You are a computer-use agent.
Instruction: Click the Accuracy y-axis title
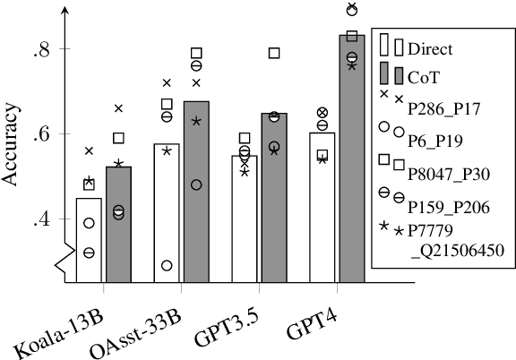12,134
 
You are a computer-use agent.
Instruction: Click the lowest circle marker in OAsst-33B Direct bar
167,265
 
